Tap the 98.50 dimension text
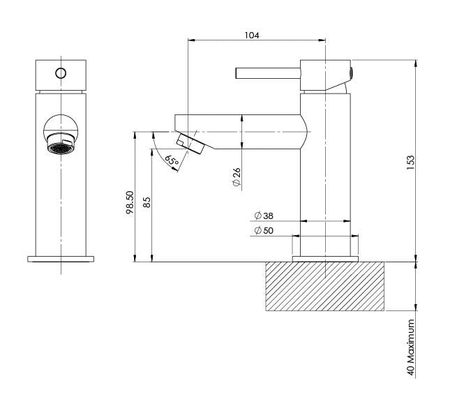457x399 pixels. tap(130, 203)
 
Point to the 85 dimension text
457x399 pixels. tap(147, 203)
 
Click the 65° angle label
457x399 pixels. tap(171, 160)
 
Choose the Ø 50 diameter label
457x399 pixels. tap(264, 230)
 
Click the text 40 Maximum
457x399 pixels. tap(412, 357)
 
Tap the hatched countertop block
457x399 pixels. tap(325, 286)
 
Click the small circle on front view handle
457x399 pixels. tap(61, 73)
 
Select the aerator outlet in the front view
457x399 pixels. tap(60, 148)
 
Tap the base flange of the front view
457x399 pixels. tap(61, 259)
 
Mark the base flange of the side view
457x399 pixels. tap(325, 259)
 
